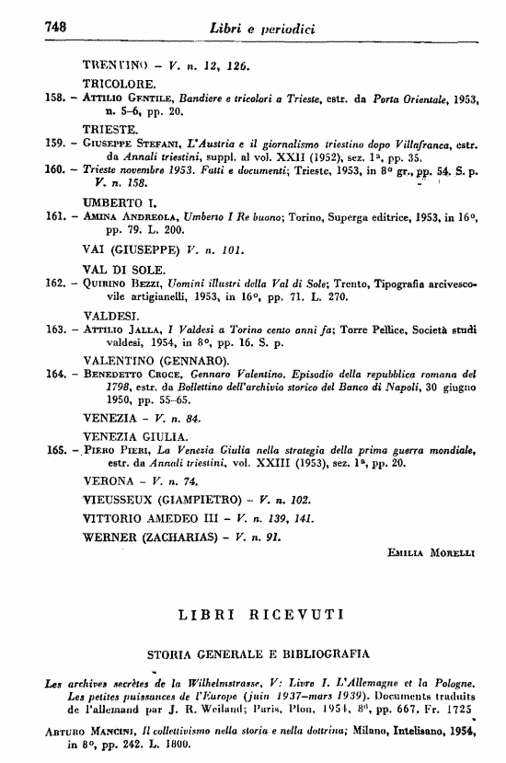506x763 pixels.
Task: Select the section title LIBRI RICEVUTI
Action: click(261, 612)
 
